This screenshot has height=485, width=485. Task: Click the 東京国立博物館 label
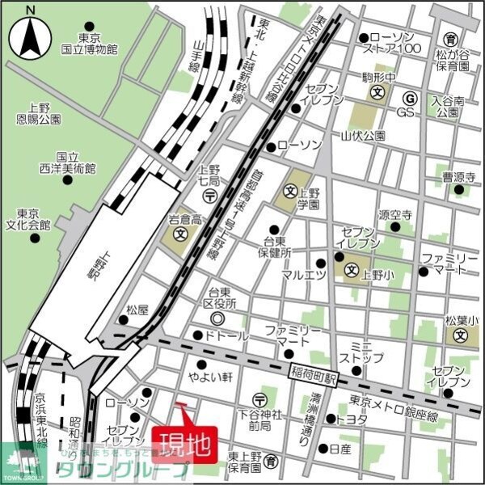pos(89,44)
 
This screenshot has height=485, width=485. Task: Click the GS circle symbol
pos(409,99)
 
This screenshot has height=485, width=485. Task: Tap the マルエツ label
pos(303,275)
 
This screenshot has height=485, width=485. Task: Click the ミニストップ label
pos(356,352)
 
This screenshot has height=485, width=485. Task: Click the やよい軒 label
pos(211,377)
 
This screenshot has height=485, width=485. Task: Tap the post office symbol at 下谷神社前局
pos(259,399)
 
